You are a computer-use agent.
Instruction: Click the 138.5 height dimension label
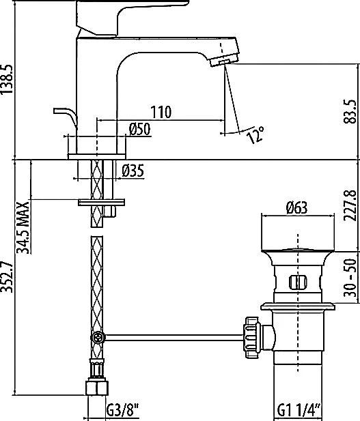click(x=7, y=79)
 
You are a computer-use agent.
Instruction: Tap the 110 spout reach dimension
click(x=161, y=112)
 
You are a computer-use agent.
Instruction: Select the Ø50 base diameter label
click(x=139, y=129)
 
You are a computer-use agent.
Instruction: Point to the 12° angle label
click(x=255, y=135)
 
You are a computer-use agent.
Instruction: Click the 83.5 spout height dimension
click(x=350, y=111)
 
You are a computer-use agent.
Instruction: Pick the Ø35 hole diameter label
click(x=133, y=171)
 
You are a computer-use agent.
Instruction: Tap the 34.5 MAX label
click(x=23, y=227)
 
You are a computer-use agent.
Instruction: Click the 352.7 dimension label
click(x=7, y=276)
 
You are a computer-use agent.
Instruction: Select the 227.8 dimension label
click(x=350, y=205)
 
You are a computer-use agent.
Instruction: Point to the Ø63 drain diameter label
click(x=297, y=208)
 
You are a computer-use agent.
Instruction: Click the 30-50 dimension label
click(x=350, y=278)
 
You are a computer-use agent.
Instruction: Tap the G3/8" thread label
click(x=122, y=410)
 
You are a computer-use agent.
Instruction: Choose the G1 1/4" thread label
click(x=299, y=410)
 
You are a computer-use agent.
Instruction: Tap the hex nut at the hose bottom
click(x=97, y=388)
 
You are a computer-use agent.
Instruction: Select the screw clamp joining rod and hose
click(x=97, y=337)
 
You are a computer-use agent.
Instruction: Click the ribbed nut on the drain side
click(x=252, y=338)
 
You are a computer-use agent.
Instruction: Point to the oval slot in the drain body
click(x=298, y=282)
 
